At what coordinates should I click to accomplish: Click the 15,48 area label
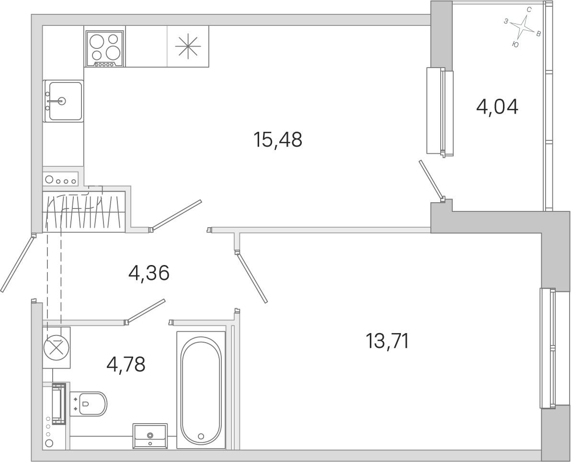tap(278, 139)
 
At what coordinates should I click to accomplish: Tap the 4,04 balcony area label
tap(497, 107)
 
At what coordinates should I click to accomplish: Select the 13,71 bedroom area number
tap(387, 341)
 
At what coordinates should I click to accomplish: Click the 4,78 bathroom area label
tap(126, 364)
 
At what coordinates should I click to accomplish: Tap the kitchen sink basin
tap(63, 101)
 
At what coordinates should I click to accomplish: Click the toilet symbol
tap(89, 404)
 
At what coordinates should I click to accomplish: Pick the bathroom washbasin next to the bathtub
tap(150, 436)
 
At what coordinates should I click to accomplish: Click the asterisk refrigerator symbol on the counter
tap(188, 46)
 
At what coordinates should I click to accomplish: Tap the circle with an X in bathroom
tap(57, 347)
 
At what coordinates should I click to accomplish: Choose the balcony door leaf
tap(431, 180)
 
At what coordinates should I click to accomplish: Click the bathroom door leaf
tap(145, 311)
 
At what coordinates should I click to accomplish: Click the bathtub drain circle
tap(201, 436)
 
